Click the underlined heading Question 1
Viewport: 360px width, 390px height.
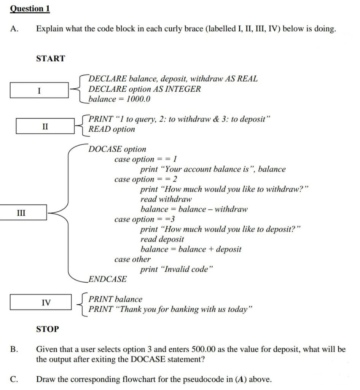[30, 9]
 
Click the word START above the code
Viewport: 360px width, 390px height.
[51, 59]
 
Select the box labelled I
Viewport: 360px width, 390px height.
[39, 90]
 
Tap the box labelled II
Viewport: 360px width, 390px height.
[45, 126]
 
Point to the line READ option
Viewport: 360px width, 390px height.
[112, 129]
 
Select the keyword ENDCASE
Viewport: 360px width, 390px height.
[108, 279]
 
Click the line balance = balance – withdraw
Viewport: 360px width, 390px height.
[194, 209]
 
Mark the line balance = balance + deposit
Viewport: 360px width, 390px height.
[191, 249]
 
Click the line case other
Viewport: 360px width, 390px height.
[132, 259]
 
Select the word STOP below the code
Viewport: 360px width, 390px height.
[48, 329]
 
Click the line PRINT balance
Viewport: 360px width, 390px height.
[115, 299]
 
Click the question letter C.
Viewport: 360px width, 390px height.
[14, 379]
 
